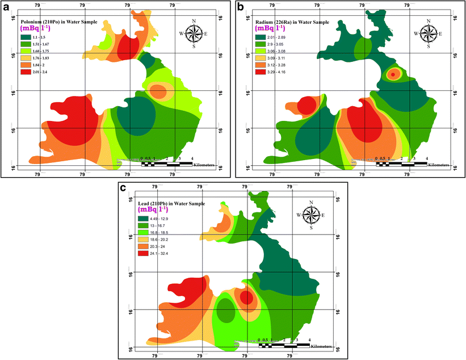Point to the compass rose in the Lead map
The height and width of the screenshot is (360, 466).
(x=311, y=215)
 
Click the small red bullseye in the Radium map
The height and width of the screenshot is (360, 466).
(x=392, y=74)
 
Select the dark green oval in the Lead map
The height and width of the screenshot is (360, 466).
(x=226, y=311)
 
